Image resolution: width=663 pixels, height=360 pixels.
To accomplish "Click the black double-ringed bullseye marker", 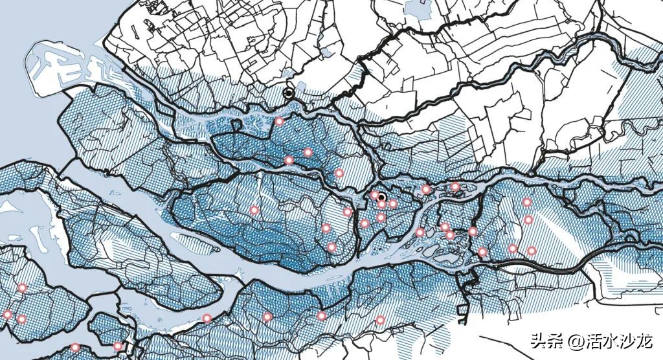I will [289, 93].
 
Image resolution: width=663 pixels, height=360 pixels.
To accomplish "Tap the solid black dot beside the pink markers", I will [382, 197].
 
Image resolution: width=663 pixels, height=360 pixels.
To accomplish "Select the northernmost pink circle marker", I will [279, 121].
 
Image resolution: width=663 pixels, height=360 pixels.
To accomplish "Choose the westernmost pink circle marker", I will [8, 315].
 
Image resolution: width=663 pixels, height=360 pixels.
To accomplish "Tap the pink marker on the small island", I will [117, 346].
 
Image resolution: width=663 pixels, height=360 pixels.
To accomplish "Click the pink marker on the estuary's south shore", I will [207, 318].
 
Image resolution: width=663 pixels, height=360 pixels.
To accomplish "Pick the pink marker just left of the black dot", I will [374, 196].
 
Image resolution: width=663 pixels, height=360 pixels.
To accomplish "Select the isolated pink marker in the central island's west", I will [254, 210].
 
